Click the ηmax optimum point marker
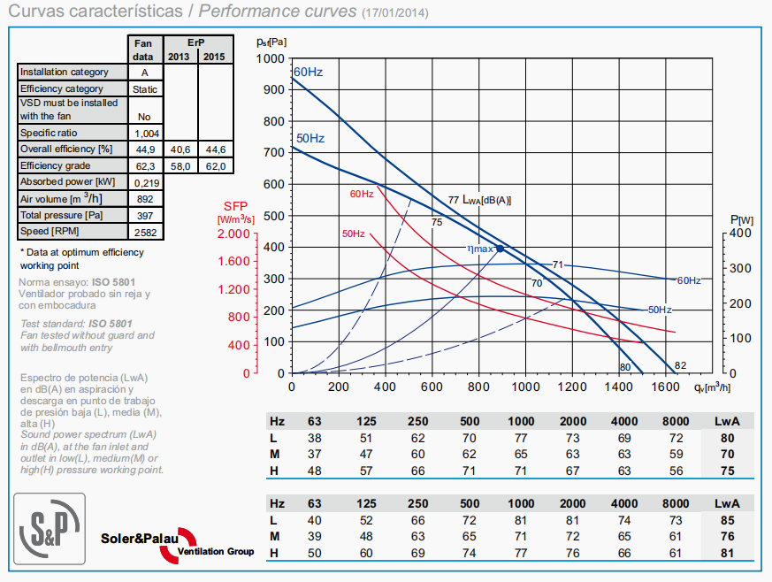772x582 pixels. (x=500, y=249)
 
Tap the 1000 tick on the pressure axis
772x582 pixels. (x=274, y=58)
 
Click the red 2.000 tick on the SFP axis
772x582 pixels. (x=234, y=234)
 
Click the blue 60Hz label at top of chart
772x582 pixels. (x=308, y=72)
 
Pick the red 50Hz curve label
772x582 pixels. (x=353, y=234)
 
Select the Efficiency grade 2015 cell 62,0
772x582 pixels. (x=215, y=165)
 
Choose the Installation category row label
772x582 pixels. (x=65, y=73)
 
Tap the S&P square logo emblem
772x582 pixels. (x=50, y=528)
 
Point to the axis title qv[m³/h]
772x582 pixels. (x=712, y=387)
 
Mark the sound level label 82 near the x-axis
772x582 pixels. (x=680, y=366)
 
